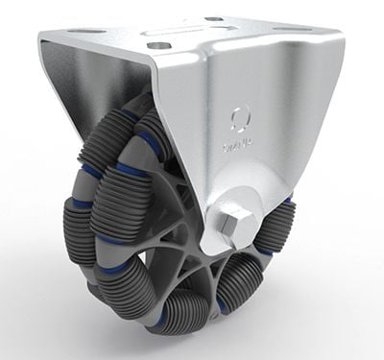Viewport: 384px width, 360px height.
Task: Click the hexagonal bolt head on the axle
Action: (x=230, y=224)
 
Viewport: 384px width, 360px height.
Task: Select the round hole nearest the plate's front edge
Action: (x=155, y=43)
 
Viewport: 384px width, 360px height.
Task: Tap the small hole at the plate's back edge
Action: (x=213, y=19)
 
